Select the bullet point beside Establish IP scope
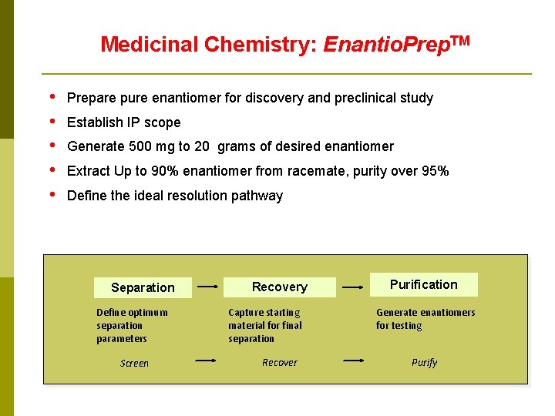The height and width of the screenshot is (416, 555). click(52, 122)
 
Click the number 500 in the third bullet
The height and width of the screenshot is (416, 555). click(140, 146)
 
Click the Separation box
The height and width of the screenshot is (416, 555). click(143, 287)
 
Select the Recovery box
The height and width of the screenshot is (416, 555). click(279, 287)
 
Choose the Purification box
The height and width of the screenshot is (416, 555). click(423, 284)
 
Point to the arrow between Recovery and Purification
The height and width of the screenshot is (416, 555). click(353, 287)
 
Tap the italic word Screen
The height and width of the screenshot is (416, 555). click(134, 363)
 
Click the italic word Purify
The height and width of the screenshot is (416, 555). click(424, 362)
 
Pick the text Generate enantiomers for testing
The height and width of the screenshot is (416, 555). click(425, 319)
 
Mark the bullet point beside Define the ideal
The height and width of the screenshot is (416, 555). click(52, 195)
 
